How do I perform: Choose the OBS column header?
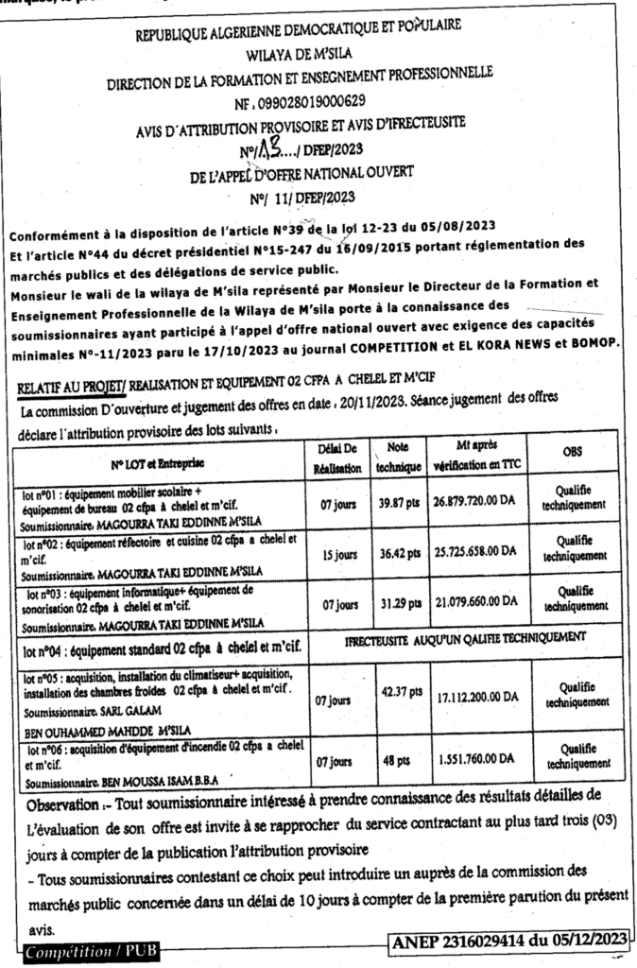pyautogui.click(x=572, y=452)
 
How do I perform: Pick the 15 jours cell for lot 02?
pyautogui.click(x=336, y=555)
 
